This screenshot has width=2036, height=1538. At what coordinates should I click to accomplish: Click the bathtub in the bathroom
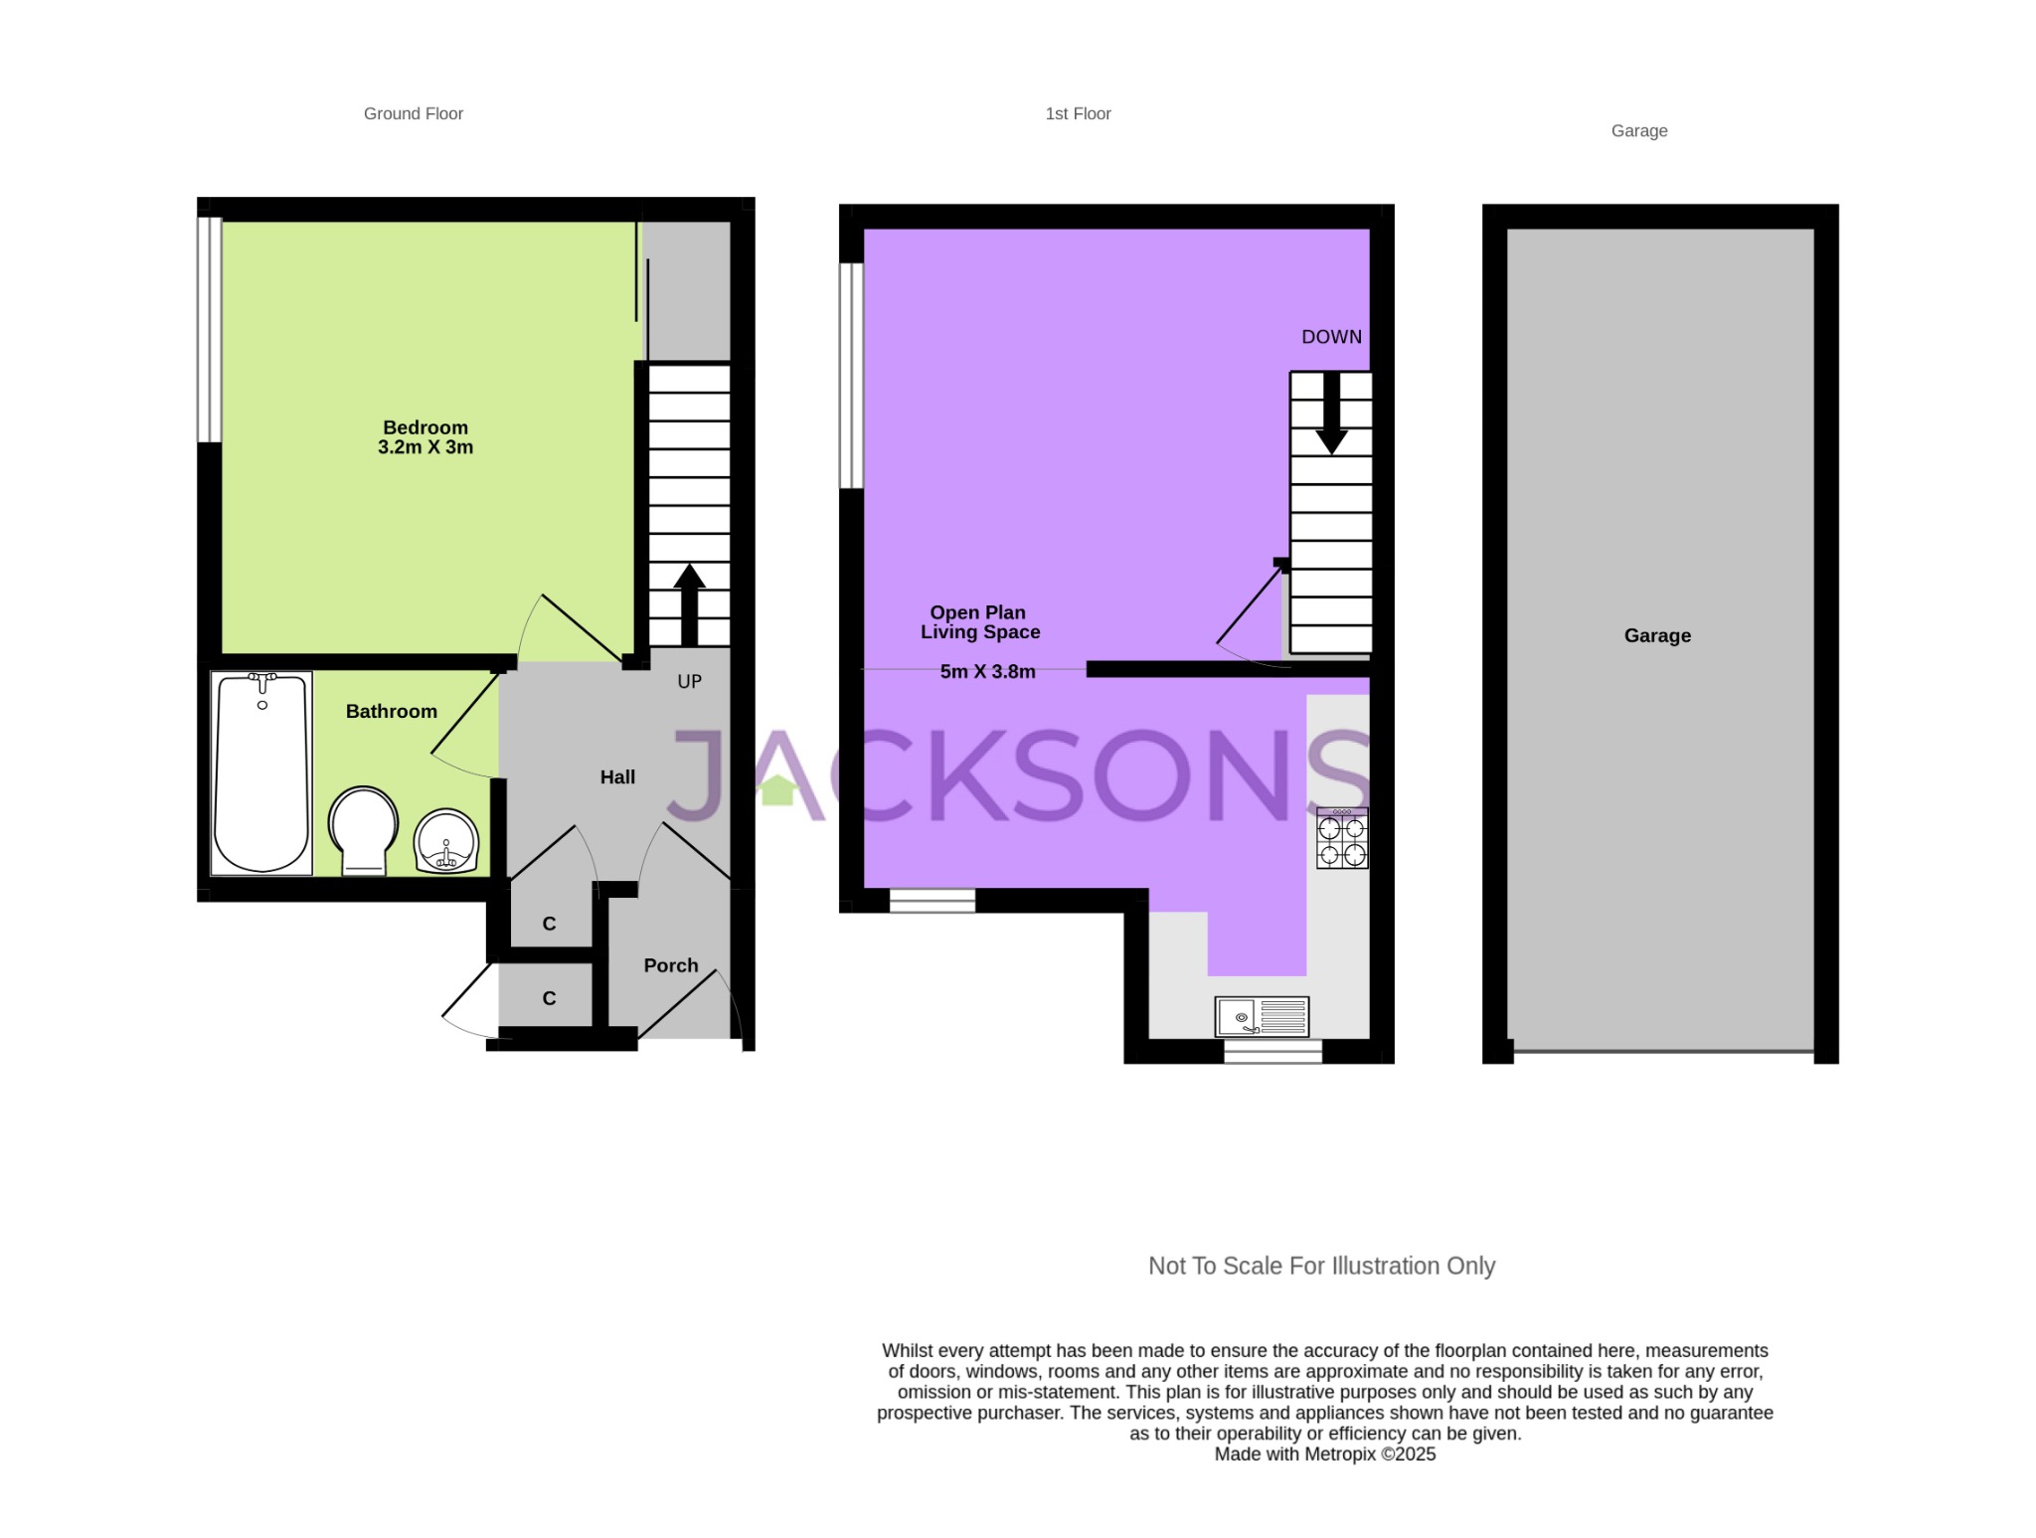coord(261,773)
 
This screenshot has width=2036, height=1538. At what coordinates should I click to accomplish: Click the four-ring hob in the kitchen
coord(1342,838)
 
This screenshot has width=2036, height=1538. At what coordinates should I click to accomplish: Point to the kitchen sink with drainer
coord(1262,1017)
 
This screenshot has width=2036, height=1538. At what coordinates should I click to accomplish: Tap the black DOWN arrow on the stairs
coord(1331,414)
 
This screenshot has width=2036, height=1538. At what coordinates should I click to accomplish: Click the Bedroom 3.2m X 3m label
coord(425,437)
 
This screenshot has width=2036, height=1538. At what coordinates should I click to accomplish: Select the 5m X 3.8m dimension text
coord(987,672)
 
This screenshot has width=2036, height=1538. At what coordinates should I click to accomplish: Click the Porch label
coord(671,965)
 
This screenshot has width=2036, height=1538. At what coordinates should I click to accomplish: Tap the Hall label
coord(617,777)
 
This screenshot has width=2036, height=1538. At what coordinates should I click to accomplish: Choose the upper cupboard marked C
coord(549,924)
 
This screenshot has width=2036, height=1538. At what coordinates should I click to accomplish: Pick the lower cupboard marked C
coord(549,998)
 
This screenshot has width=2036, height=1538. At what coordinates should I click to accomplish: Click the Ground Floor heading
coord(414,113)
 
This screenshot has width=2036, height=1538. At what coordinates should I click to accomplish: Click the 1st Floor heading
coord(1078,113)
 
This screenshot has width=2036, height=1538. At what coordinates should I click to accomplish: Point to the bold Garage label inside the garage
coord(1657,635)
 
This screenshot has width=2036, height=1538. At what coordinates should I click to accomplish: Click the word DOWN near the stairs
coord(1331,337)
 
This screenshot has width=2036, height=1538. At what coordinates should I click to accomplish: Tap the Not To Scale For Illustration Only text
coord(1321,1266)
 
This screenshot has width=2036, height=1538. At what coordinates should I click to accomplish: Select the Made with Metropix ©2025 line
coord(1324,1453)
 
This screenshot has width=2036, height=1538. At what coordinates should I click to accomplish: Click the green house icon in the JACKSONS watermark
coord(777,789)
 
